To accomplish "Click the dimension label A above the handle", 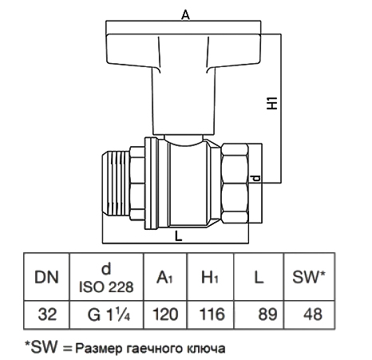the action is [x=185, y=14].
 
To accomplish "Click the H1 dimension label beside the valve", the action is [x=272, y=103].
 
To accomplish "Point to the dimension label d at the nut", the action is [x=256, y=178].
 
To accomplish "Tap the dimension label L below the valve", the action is [x=178, y=236].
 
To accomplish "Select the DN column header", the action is [x=46, y=277].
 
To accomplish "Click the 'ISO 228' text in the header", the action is [x=106, y=287].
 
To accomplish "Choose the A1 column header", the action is [x=164, y=278].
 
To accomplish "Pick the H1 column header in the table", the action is [x=210, y=277].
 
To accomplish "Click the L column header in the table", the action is [x=259, y=277].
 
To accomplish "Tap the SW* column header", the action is [x=309, y=277].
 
